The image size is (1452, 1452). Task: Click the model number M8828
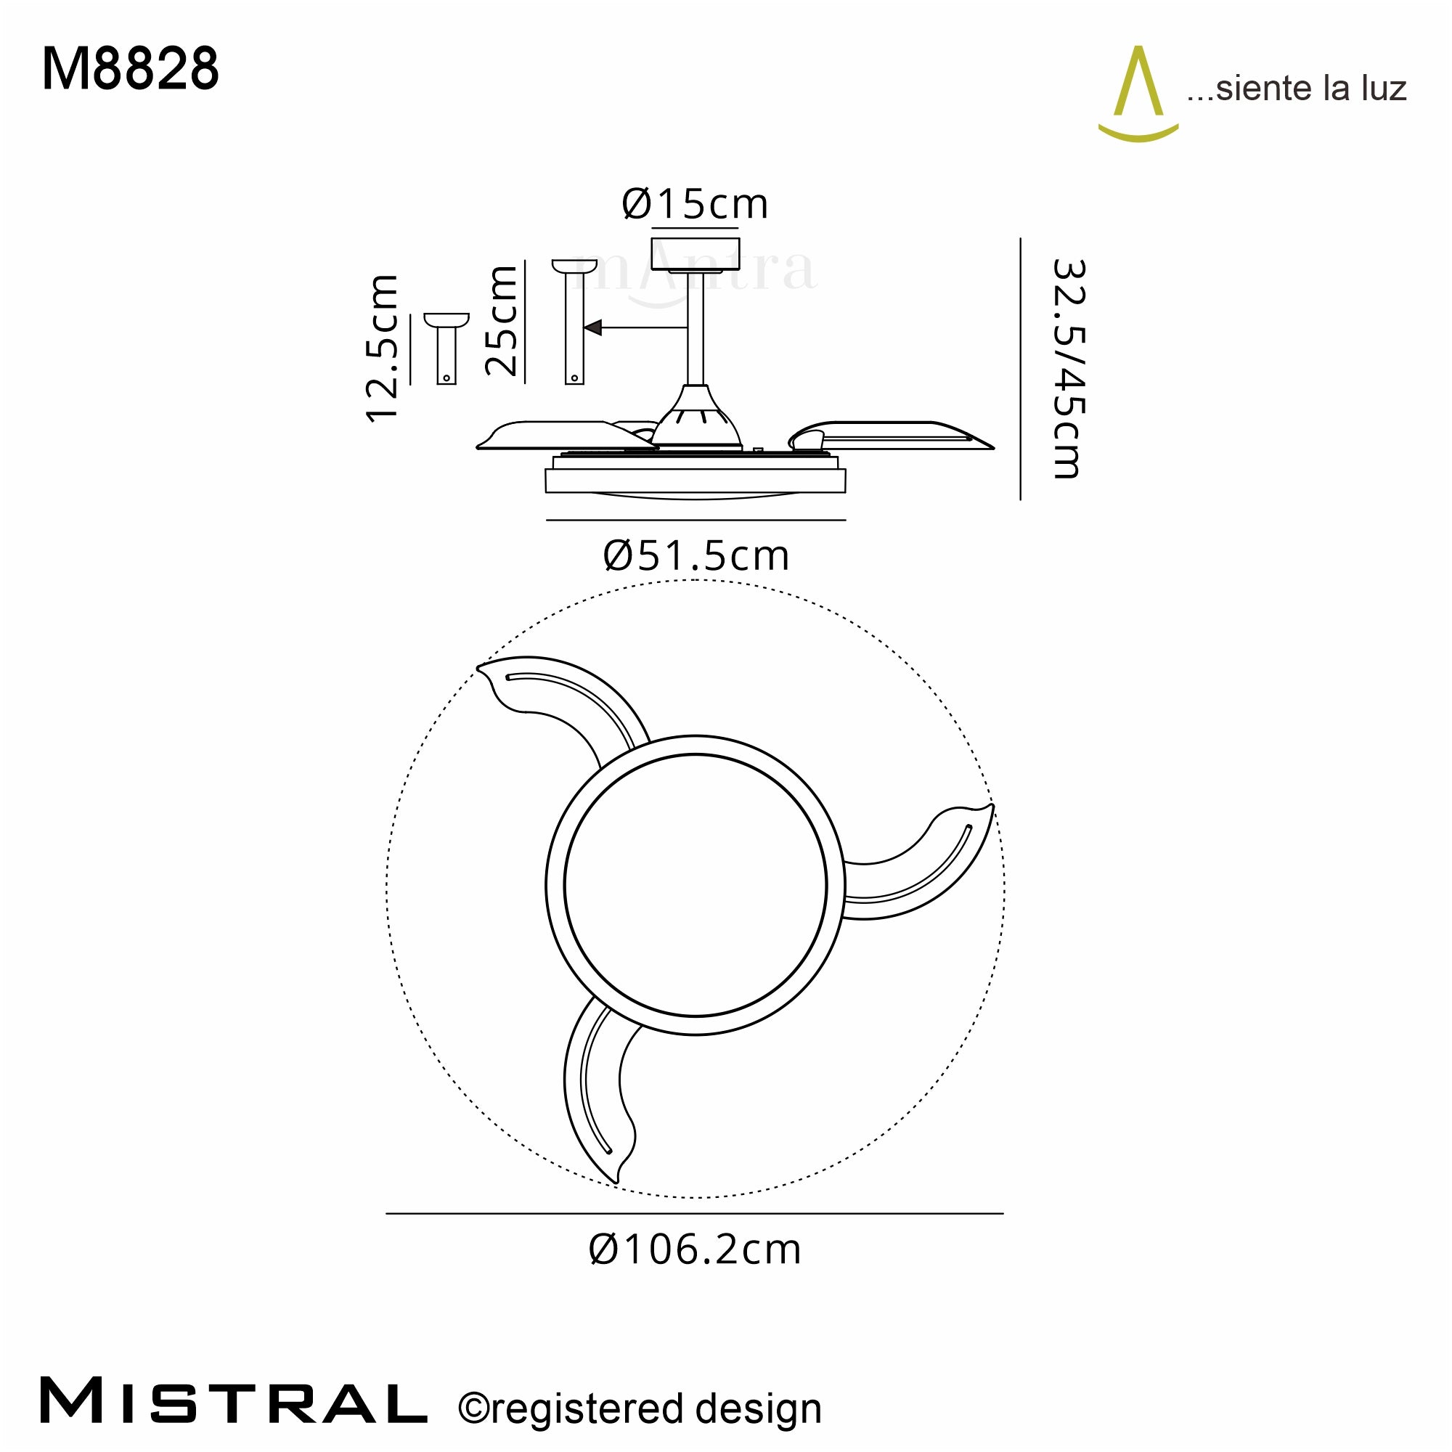(x=130, y=70)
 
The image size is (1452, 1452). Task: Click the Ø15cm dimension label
(x=696, y=205)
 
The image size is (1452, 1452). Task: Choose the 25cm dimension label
(x=501, y=321)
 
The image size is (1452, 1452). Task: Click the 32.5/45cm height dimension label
(x=1068, y=369)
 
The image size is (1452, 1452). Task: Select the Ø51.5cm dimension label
(x=696, y=557)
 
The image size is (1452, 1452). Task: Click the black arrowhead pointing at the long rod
(x=593, y=327)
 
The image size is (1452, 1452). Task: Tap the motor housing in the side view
(x=696, y=421)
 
